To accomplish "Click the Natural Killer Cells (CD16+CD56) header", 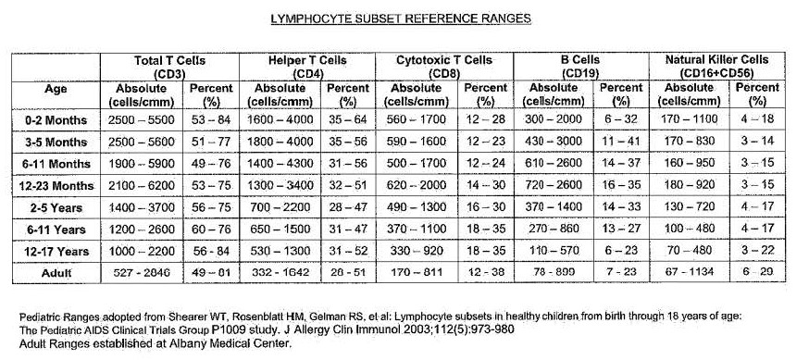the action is (719, 67).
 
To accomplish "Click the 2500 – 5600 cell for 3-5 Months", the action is (143, 143).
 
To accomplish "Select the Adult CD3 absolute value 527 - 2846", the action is (143, 273).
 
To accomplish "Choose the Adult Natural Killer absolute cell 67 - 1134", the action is (692, 273).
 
